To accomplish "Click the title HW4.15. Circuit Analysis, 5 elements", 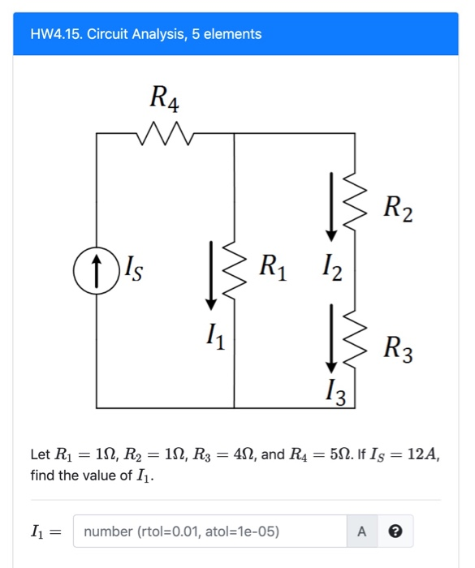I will point(146,34).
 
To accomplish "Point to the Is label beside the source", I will point(133,265).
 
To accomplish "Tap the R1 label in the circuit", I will point(274,265).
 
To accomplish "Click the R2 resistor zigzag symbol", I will point(352,206).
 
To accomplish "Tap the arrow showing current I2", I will point(330,206).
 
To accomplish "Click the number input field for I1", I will point(209,531).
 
